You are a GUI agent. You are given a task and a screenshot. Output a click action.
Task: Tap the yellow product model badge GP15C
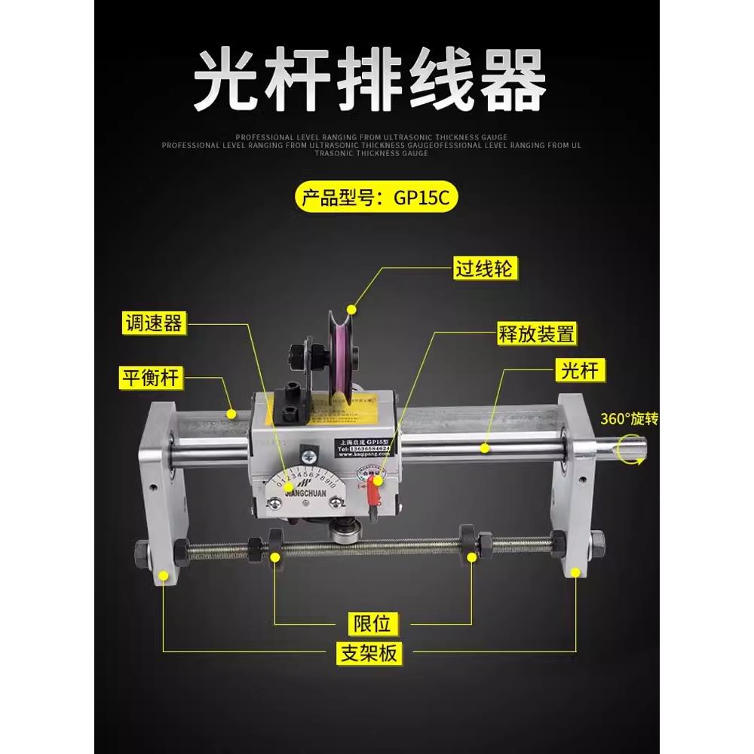click(376, 198)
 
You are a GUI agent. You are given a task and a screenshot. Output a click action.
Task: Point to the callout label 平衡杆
click(151, 376)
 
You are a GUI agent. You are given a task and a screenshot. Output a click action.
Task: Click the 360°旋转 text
click(630, 420)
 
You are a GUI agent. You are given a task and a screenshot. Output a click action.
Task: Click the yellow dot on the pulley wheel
click(351, 308)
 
